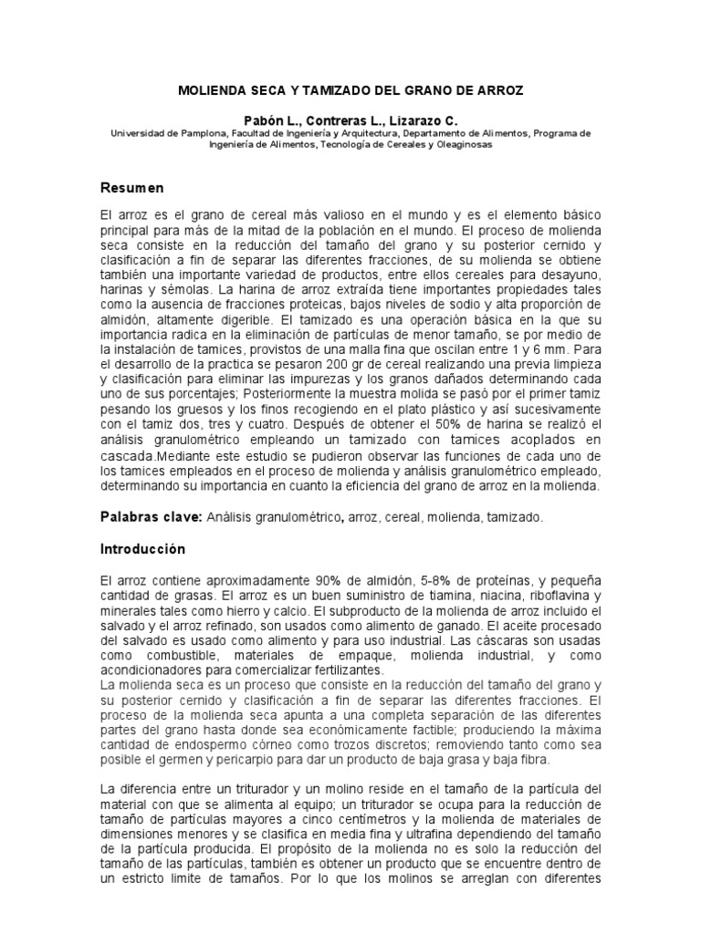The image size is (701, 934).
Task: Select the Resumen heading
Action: pos(131,188)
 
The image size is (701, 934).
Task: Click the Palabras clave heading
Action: pos(150,516)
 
